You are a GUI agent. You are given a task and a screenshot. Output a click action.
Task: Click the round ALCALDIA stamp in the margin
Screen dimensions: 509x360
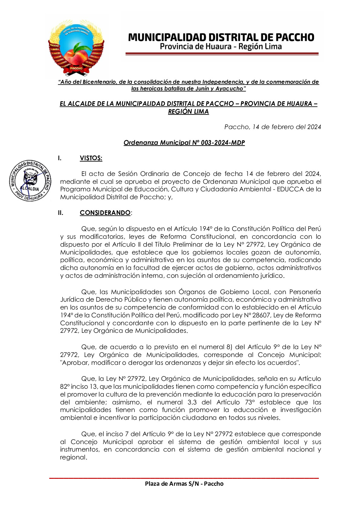30,181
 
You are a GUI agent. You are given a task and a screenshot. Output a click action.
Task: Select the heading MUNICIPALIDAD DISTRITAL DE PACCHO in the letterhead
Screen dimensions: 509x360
221,37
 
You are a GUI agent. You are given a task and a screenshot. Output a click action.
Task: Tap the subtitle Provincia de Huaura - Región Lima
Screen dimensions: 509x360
221,47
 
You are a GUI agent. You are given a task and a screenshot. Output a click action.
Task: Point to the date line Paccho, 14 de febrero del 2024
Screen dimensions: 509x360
272,127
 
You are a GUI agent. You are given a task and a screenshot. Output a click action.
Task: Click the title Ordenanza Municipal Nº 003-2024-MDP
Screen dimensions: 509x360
184,143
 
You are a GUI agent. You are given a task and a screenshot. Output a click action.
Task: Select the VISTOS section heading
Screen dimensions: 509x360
91,158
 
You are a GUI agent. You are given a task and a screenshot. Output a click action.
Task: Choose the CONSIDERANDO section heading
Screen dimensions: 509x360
105,213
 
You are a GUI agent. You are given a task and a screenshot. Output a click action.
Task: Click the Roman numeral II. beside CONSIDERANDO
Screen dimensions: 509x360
61,213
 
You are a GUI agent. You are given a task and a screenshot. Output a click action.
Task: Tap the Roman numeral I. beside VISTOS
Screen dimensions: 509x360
60,158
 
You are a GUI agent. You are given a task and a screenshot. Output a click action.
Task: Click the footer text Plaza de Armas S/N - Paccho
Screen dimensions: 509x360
184,484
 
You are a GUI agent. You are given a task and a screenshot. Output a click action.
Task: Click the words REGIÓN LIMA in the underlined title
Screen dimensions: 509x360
188,112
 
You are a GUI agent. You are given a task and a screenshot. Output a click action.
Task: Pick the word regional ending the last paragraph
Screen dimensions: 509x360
73,457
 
